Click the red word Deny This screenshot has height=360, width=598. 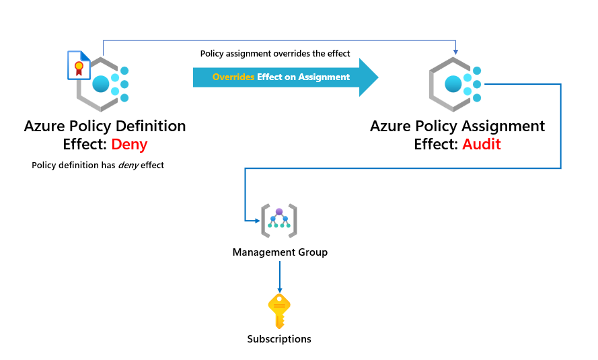[130, 143]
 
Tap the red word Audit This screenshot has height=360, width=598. [481, 143]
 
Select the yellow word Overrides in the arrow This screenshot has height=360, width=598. [233, 77]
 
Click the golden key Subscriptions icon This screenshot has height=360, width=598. [278, 311]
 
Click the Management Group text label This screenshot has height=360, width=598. [280, 252]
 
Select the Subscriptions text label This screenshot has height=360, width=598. [279, 339]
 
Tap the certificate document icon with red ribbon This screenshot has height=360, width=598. [79, 65]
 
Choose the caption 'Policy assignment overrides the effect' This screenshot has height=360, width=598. [275, 53]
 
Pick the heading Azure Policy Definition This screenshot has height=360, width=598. [104, 126]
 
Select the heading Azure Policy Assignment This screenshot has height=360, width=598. [457, 126]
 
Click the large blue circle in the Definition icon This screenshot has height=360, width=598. [101, 84]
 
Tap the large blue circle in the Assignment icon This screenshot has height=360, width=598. [453, 84]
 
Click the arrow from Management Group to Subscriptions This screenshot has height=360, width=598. [279, 276]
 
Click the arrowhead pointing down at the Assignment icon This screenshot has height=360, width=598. [456, 52]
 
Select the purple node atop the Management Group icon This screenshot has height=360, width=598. [279, 211]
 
